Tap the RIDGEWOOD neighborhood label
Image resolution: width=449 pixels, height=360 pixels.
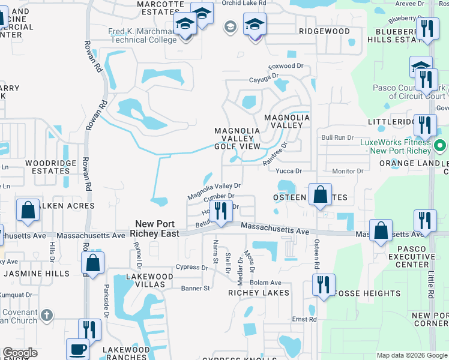(x=324, y=31)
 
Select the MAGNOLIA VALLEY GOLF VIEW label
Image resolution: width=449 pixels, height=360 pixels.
(x=238, y=139)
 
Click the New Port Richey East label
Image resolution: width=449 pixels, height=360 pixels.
(x=157, y=228)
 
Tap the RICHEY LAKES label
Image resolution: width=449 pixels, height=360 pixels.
(x=259, y=293)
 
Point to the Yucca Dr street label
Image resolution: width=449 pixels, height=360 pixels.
(x=289, y=170)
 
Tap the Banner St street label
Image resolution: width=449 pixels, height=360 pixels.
(x=195, y=288)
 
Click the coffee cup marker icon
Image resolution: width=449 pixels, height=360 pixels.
(x=77, y=349)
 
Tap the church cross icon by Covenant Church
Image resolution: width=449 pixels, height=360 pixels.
(x=47, y=315)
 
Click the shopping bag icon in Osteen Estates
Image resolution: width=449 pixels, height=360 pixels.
(x=321, y=194)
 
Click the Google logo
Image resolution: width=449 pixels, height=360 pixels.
(x=20, y=352)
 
